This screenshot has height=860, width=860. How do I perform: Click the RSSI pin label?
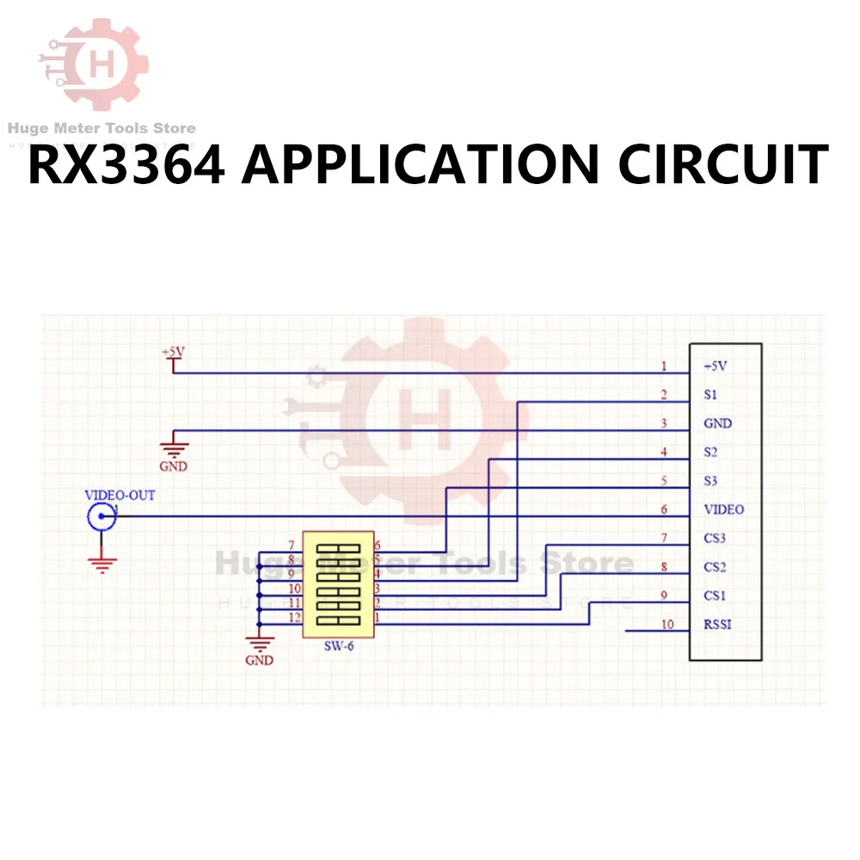click(717, 624)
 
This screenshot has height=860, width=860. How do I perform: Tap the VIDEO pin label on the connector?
click(723, 509)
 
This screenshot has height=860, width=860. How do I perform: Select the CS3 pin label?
click(715, 538)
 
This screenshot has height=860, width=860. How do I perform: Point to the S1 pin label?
click(709, 395)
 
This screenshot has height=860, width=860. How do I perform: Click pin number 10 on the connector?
click(667, 624)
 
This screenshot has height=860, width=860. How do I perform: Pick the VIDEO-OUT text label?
click(120, 495)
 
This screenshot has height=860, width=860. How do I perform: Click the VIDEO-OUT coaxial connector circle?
click(102, 516)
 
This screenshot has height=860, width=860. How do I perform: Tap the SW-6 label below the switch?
click(338, 647)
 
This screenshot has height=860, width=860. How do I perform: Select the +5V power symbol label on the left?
click(173, 353)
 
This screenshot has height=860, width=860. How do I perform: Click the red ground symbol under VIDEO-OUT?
click(102, 564)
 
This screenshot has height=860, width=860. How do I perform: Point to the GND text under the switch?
click(259, 660)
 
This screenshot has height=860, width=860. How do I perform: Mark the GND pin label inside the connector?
click(717, 423)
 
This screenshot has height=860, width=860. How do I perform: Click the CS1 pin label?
click(715, 595)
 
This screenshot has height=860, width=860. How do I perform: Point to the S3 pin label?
click(709, 481)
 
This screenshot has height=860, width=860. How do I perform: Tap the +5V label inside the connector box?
click(715, 365)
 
